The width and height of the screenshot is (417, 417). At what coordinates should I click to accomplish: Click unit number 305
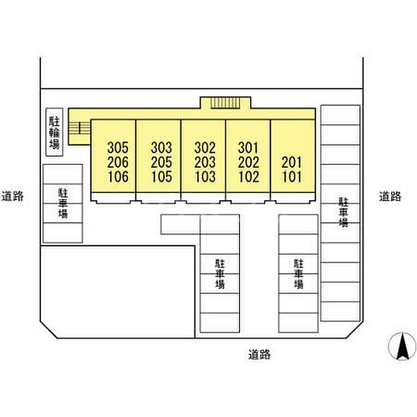click(x=118, y=148)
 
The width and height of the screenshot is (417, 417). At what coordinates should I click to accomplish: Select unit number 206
click(x=118, y=162)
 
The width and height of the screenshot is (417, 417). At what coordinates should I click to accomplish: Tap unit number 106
click(x=119, y=176)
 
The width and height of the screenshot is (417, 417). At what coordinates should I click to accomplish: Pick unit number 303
click(x=161, y=148)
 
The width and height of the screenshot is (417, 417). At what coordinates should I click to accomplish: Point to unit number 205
click(x=161, y=162)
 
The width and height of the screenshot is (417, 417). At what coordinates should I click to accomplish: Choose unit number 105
click(x=162, y=176)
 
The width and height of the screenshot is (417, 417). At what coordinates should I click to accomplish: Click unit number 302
click(x=205, y=148)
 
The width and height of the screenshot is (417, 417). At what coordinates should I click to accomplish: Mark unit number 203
click(x=205, y=162)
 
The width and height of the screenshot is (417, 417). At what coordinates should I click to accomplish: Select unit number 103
click(x=206, y=176)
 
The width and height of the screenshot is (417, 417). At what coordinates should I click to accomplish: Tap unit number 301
click(x=248, y=148)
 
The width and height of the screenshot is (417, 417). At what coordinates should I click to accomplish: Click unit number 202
click(x=248, y=162)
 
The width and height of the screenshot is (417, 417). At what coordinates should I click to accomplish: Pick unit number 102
click(x=249, y=176)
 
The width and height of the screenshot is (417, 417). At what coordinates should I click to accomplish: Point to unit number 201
click(x=292, y=162)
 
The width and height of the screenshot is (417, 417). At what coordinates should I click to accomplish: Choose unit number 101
click(x=292, y=176)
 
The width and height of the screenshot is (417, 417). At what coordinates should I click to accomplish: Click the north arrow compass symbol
click(x=402, y=346)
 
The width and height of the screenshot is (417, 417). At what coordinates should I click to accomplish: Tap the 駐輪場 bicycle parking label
click(x=55, y=132)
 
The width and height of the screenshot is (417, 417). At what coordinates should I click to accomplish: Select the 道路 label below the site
click(x=259, y=354)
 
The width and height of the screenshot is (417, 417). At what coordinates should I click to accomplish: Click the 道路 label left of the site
click(x=13, y=196)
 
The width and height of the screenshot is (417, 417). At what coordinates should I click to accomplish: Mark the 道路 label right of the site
click(x=390, y=196)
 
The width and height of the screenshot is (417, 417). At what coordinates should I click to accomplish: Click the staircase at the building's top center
click(x=225, y=103)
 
